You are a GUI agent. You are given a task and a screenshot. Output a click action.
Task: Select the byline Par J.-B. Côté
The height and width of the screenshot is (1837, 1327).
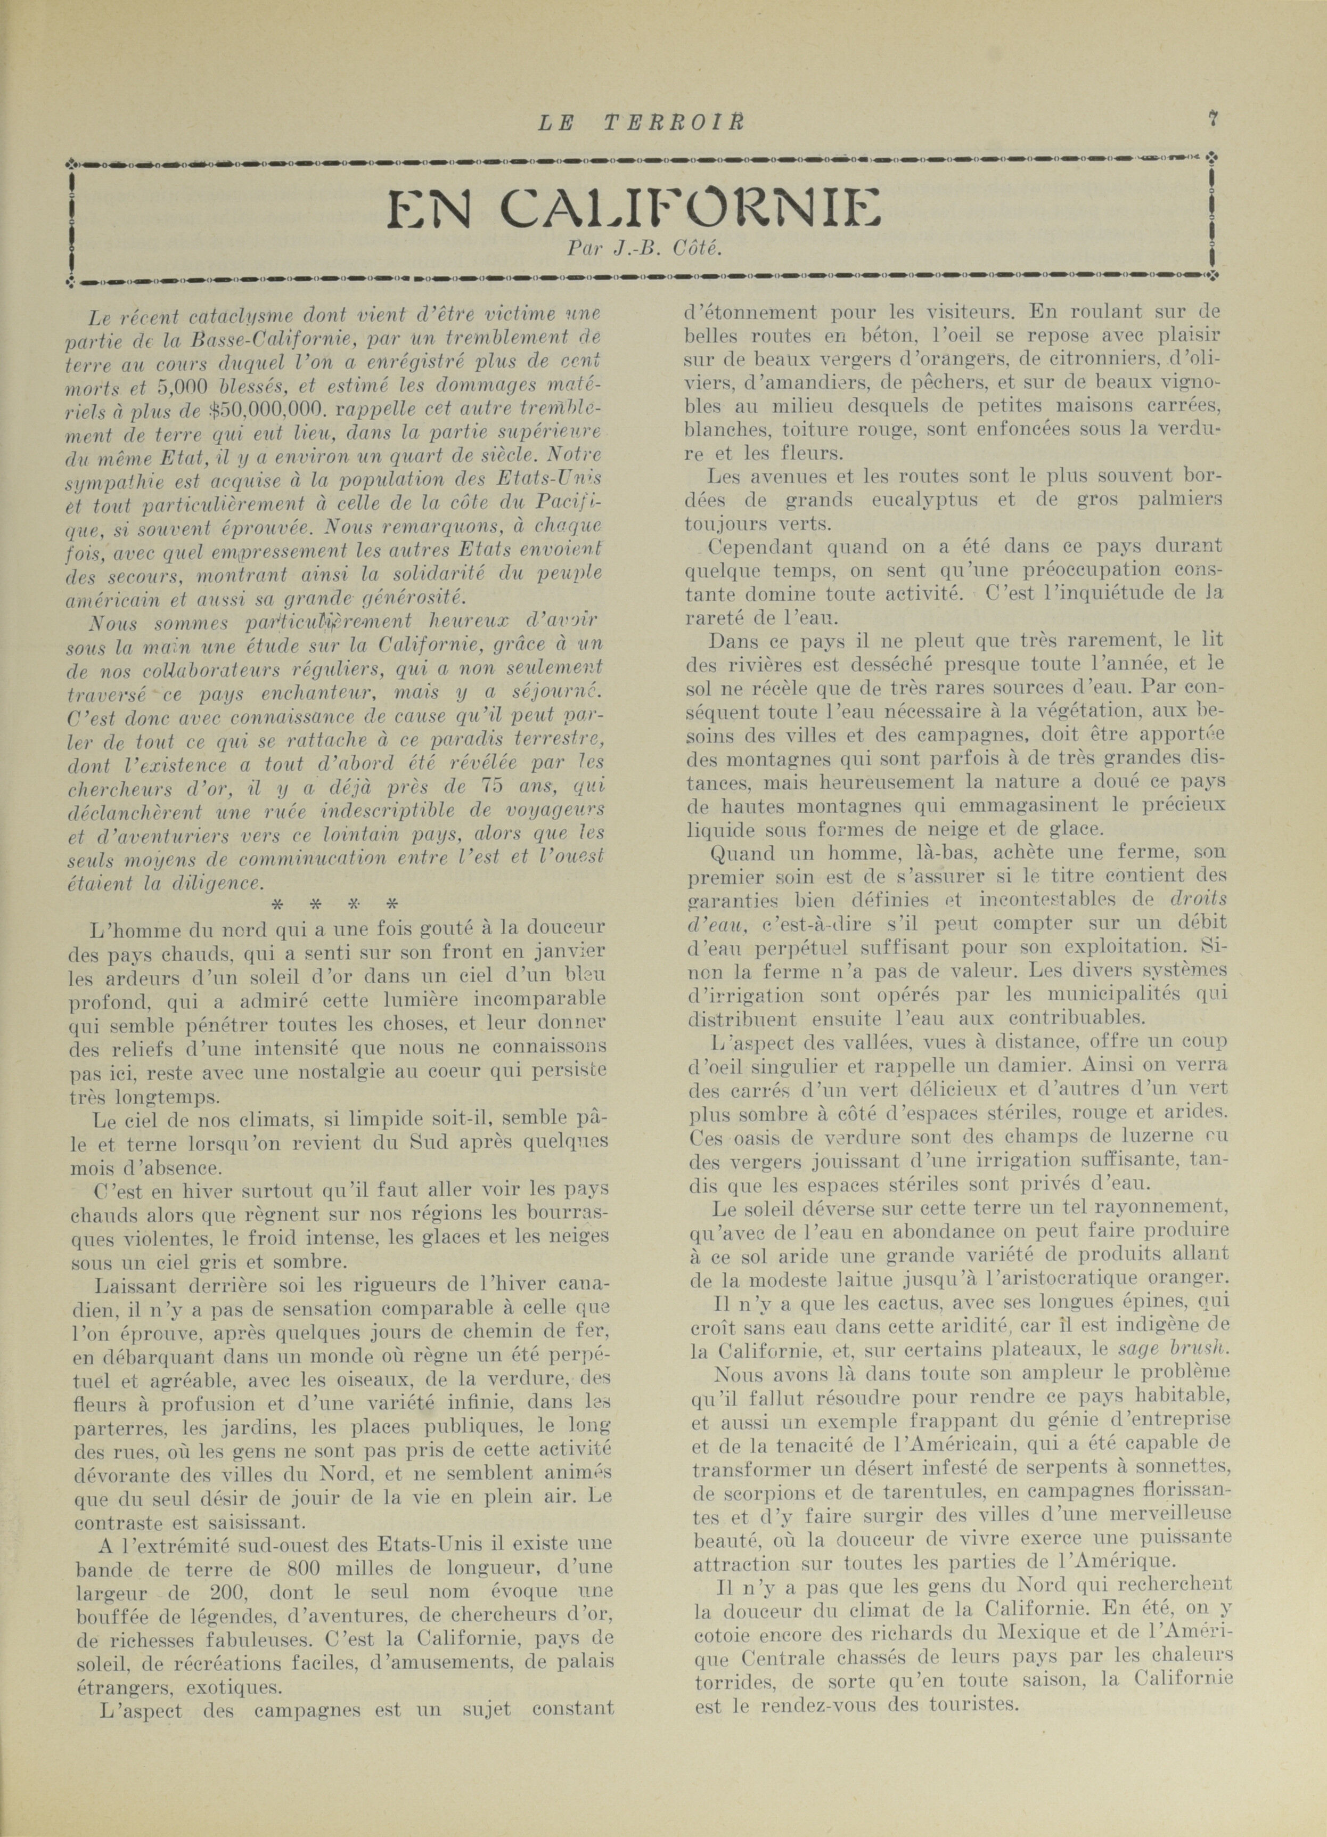point(644,249)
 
